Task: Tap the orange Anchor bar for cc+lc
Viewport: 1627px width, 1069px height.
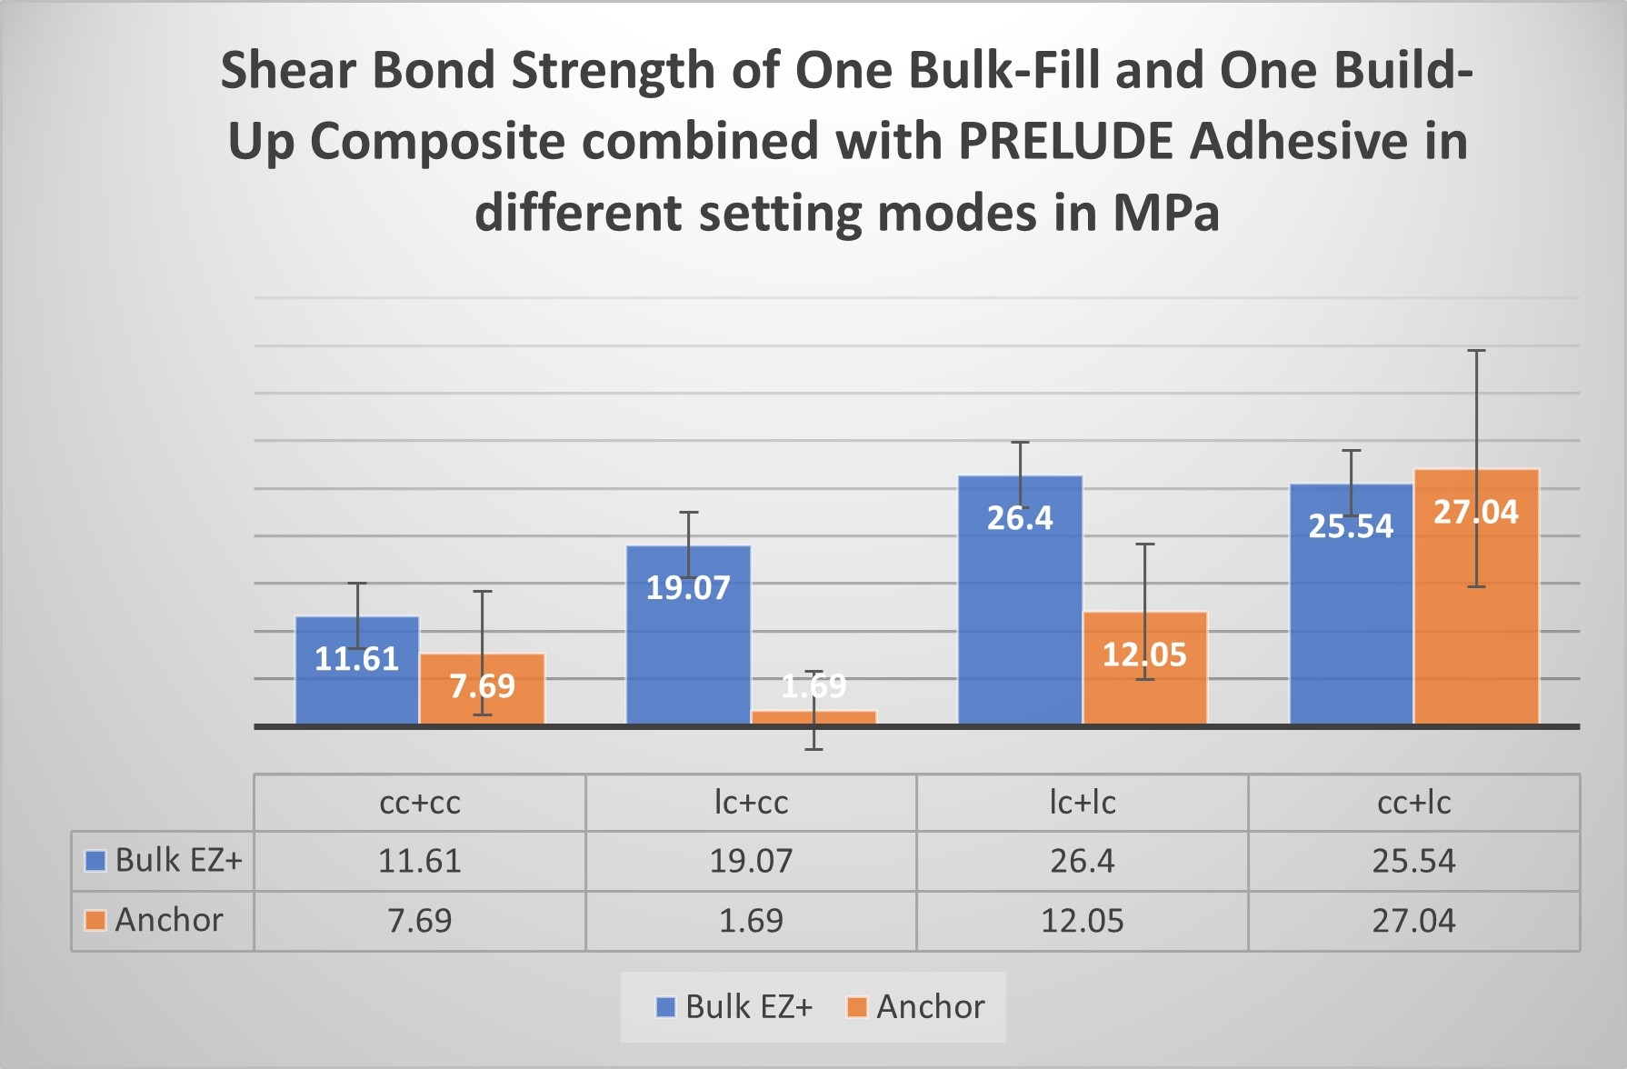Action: (x=1476, y=636)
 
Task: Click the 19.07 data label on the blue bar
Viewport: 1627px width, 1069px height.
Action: (x=688, y=588)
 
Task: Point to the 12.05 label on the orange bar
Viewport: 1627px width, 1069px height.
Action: (x=1144, y=654)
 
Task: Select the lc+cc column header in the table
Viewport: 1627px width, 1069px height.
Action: (x=751, y=803)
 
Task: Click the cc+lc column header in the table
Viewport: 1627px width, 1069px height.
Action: (x=1413, y=803)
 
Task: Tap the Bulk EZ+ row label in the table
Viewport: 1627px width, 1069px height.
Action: (x=178, y=860)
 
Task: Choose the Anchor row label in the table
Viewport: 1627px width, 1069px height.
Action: (x=168, y=920)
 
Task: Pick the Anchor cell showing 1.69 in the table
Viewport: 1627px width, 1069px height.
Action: (x=751, y=921)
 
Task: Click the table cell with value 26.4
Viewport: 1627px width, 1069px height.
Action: (x=1082, y=861)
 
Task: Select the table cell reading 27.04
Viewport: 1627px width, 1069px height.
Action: (x=1413, y=921)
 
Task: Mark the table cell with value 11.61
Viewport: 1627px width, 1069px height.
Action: (x=419, y=861)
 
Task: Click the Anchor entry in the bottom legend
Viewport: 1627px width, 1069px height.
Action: (x=929, y=1007)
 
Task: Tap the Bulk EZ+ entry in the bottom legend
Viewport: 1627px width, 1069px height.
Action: (x=747, y=1007)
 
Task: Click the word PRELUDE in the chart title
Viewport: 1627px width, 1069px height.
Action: (x=1065, y=142)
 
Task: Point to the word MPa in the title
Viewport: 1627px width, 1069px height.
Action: (x=1165, y=213)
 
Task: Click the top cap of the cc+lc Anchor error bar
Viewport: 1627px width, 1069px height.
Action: (x=1476, y=351)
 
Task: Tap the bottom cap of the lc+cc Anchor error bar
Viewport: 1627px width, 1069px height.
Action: (x=813, y=749)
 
